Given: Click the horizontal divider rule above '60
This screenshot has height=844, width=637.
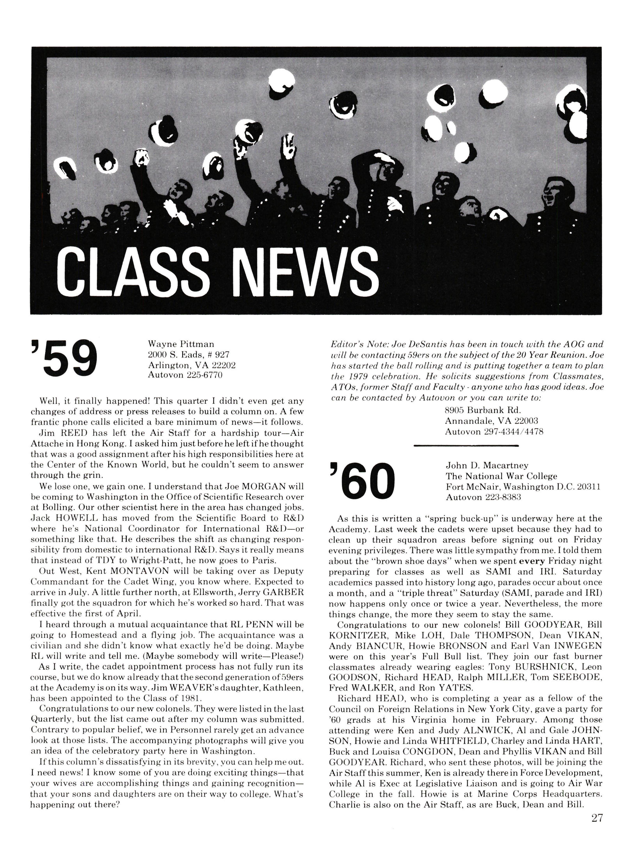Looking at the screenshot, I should click(466, 445).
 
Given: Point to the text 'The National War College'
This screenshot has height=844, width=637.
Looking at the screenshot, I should click(501, 476).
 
